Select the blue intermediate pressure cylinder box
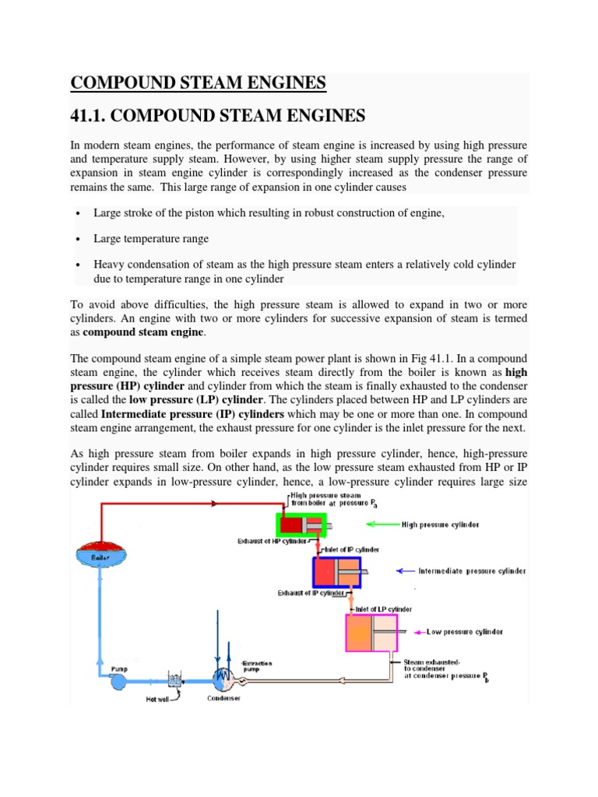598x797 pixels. (336, 572)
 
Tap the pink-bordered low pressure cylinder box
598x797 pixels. (371, 632)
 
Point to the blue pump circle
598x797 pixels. (121, 681)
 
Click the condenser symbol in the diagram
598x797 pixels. (223, 679)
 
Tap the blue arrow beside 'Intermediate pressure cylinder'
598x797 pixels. (406, 571)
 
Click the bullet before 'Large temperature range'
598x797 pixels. (79, 240)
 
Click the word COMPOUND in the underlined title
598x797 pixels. (123, 83)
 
